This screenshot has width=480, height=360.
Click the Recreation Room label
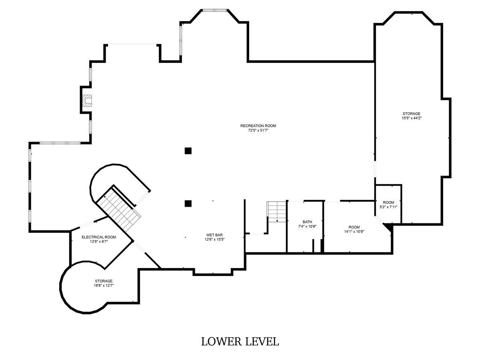(258, 126)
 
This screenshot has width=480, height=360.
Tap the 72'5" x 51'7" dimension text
(258, 130)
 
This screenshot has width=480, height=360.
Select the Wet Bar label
(214, 235)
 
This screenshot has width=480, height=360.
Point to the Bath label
(307, 222)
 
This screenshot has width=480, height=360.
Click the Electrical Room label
(99, 237)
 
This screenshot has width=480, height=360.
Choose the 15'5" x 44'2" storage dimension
(411, 118)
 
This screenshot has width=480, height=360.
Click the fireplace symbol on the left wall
(87, 101)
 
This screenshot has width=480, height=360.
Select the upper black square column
(188, 151)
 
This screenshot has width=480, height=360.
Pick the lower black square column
(188, 204)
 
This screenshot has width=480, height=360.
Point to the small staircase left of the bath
(276, 212)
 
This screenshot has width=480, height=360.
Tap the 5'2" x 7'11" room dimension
(388, 207)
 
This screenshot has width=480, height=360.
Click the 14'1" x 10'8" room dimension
(354, 232)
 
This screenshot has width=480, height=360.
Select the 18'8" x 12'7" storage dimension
(104, 286)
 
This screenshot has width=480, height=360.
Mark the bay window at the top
(214, 10)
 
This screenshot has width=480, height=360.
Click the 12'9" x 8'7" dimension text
(99, 242)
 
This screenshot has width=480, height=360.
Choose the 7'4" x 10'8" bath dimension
(307, 226)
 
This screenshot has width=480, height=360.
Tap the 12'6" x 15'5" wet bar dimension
(214, 240)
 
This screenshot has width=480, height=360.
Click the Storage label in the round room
(104, 281)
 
